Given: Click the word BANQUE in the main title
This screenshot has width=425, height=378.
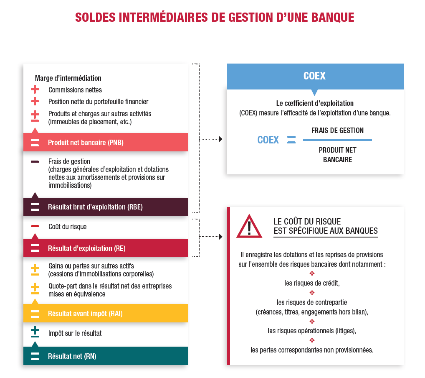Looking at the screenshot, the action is pos(333,18).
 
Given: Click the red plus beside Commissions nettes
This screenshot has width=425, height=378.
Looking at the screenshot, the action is pos(35,89).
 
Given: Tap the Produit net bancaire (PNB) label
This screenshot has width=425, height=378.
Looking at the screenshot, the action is pos(86,143).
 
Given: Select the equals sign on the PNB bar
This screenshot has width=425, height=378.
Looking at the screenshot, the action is pos(35,142).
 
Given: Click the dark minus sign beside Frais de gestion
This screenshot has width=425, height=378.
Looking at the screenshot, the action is pos(35,162).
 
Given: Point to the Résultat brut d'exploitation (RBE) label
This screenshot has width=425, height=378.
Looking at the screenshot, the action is pos(95,207).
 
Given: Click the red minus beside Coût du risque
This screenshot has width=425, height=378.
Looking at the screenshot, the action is pos(35,226).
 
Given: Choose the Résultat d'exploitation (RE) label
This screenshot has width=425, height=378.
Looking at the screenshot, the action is pos(87,248).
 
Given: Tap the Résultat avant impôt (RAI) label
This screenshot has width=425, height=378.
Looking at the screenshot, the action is pos(85,314).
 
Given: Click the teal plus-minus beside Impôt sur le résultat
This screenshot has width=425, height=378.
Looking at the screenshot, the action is pos(35,332).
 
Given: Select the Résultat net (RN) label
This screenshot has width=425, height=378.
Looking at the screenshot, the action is pos(72,356).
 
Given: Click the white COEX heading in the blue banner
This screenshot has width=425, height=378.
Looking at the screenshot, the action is pos(314,76).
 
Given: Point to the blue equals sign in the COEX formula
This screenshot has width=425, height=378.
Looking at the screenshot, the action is pos(291,140).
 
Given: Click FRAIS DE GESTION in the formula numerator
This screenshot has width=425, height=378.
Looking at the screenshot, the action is pos(337,130).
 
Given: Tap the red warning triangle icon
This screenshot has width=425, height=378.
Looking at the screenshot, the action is pos(249,227).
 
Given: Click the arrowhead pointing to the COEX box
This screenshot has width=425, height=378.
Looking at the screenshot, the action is pos(220,139).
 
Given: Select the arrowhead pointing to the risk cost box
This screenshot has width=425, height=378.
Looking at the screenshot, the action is pos(220,237).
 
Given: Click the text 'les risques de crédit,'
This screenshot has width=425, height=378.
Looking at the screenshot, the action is pos(312,283).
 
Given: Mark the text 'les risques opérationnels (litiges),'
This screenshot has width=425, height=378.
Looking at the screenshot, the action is pos(312,331).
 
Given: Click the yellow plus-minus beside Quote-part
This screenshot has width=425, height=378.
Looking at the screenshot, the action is pos(35,289).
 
